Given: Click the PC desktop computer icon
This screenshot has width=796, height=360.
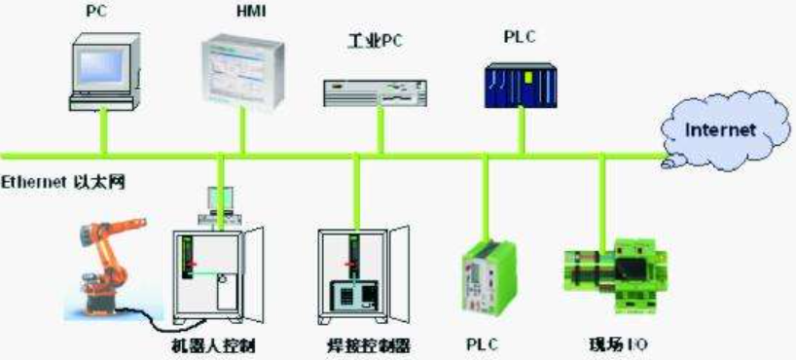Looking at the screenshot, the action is (x=104, y=72).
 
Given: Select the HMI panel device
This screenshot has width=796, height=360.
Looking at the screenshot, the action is (x=242, y=73).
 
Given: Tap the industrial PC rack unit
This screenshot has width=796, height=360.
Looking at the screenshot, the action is (x=375, y=92).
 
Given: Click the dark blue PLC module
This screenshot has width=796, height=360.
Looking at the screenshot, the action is (x=521, y=86).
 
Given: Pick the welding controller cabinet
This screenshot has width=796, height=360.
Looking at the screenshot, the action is (x=363, y=275).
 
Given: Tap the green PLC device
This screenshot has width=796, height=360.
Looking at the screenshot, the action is (x=488, y=276).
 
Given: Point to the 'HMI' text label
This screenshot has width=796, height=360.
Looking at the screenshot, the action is (x=251, y=12).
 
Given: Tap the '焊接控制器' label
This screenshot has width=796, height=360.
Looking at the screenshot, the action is (x=368, y=346).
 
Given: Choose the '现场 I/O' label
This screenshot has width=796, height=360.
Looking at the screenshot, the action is (x=617, y=344).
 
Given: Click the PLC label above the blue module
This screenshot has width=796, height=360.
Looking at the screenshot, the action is (x=520, y=38).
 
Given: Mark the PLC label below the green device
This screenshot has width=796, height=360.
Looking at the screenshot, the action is (x=483, y=344).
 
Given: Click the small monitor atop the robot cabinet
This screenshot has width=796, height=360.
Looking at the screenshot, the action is (x=219, y=204).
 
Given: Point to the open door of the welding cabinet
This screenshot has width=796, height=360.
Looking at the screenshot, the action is (x=400, y=273).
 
